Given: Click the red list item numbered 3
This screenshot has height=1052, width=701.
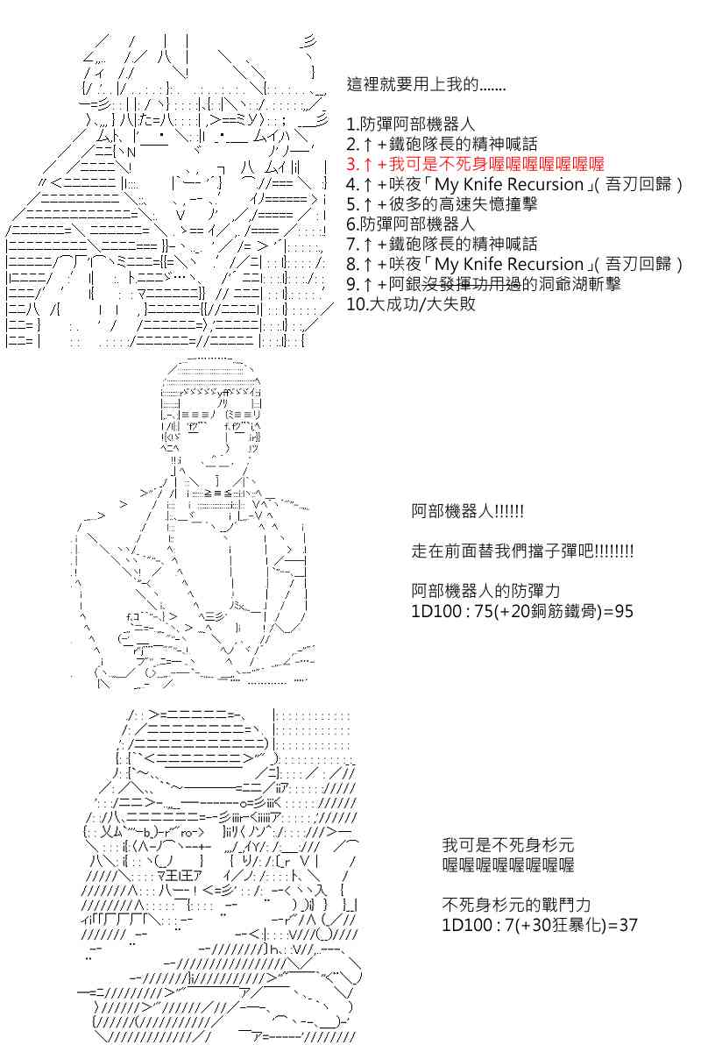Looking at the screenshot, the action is (x=475, y=164).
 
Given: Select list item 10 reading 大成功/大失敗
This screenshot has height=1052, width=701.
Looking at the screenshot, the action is (x=411, y=304).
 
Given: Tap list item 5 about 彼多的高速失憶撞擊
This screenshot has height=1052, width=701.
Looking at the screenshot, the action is (x=442, y=203).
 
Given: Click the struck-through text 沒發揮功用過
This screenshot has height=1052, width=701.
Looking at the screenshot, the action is (x=471, y=284).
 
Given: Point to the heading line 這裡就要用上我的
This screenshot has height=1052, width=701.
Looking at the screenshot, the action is (x=426, y=84).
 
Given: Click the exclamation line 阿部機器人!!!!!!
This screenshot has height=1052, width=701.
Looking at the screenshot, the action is (x=467, y=510).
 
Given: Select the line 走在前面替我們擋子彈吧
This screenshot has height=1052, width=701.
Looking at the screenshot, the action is (x=522, y=551).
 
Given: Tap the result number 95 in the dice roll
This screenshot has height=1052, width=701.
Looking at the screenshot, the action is (x=624, y=611).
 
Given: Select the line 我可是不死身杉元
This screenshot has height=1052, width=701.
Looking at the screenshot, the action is (x=508, y=845).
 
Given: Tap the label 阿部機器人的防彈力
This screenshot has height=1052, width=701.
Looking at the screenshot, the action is (x=485, y=591).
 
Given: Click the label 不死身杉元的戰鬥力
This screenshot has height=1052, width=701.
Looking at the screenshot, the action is (x=516, y=905).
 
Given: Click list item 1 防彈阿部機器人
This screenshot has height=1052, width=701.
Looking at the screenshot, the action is (x=410, y=124).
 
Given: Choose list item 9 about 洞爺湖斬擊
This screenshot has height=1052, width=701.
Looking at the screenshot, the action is (x=484, y=284).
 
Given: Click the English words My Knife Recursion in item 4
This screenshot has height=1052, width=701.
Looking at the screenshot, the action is (x=509, y=184).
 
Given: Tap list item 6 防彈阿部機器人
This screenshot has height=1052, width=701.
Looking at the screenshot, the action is (x=410, y=224).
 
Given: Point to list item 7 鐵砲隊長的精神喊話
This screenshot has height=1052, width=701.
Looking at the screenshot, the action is (x=442, y=244).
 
